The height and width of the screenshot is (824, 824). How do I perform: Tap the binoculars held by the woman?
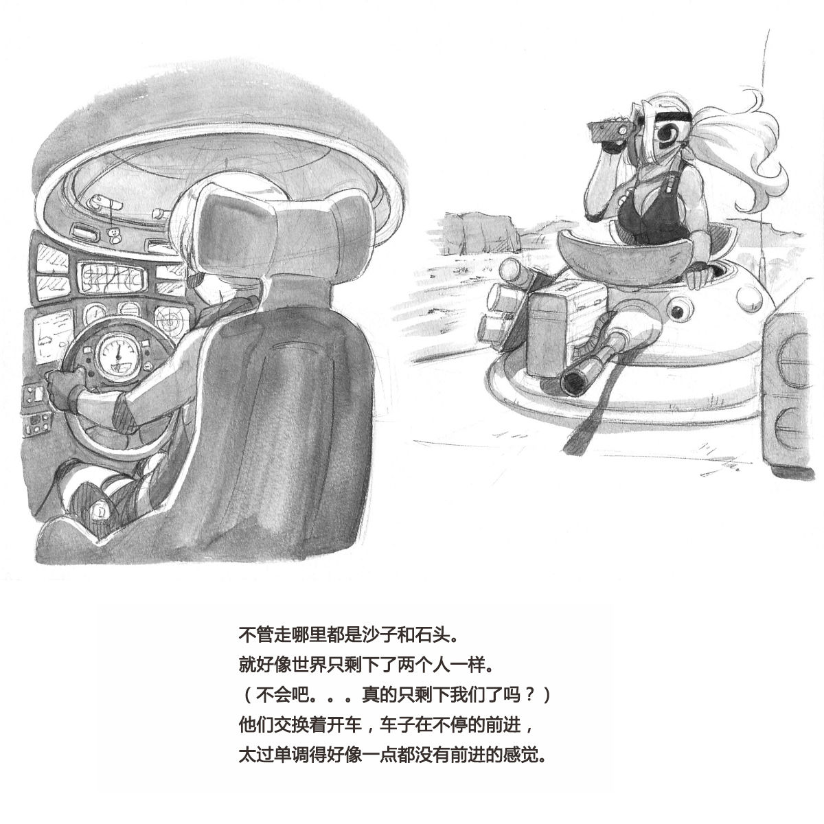click(x=613, y=130)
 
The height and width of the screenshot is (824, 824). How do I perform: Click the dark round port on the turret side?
click(x=680, y=312)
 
